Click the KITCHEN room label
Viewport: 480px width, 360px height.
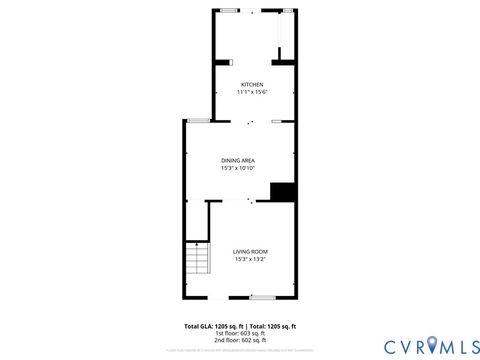tap(251, 84)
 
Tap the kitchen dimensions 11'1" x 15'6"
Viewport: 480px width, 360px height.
tap(251, 92)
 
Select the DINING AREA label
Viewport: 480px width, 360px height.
tap(239, 160)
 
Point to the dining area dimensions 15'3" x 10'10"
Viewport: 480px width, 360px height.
tap(239, 168)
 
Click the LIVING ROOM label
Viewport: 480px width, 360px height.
tap(250, 251)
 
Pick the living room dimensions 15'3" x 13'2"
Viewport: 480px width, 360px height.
tap(250, 259)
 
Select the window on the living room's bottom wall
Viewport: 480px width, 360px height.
tap(262, 297)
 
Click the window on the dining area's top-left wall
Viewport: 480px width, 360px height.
tap(198, 121)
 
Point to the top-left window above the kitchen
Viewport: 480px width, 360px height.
tap(229, 10)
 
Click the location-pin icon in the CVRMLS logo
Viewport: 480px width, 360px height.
tap(432, 346)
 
